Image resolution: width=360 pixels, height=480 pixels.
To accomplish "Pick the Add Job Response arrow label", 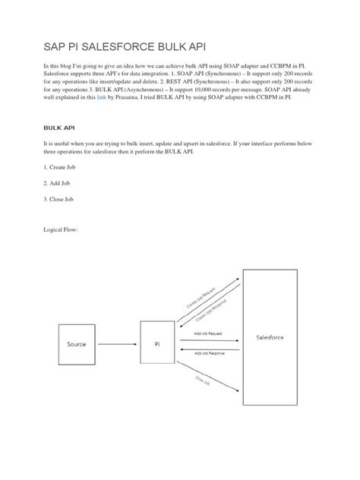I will pos(209,353).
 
